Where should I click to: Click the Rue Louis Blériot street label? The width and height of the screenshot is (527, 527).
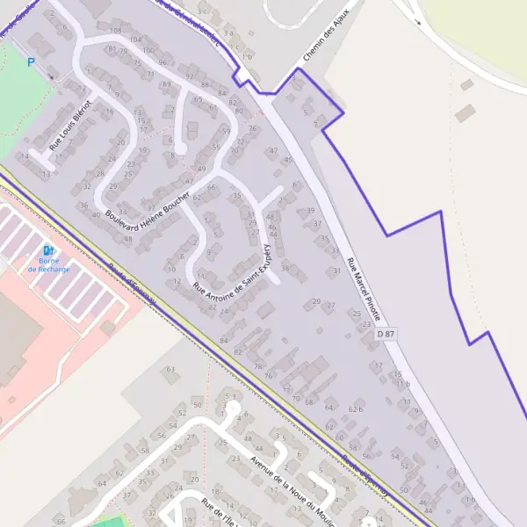pyautogui.click(x=70, y=129)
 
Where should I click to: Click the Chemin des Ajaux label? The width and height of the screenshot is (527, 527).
pyautogui.click(x=326, y=34)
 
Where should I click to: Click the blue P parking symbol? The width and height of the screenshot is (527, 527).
pyautogui.click(x=31, y=62)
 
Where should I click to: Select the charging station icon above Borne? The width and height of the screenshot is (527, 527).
pyautogui.click(x=47, y=249)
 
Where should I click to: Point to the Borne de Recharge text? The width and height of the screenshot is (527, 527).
pyautogui.click(x=48, y=264)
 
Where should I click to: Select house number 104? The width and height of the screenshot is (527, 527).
pyautogui.click(x=135, y=40)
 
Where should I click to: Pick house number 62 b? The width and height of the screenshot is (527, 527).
pyautogui.click(x=355, y=408)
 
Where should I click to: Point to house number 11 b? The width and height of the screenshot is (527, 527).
pyautogui.click(x=402, y=384)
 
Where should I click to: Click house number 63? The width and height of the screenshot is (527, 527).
pyautogui.click(x=170, y=369)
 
